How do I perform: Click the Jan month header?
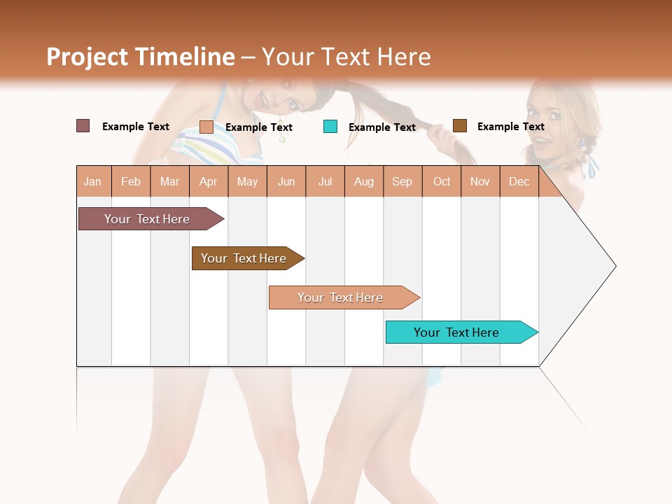click(93, 182)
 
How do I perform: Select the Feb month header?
click(131, 182)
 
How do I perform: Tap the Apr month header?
click(209, 182)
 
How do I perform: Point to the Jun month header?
click(286, 182)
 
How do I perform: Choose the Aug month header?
click(364, 182)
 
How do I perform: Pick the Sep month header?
click(402, 182)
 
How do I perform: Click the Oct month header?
click(442, 182)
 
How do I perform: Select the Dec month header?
click(519, 182)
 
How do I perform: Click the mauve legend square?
click(83, 126)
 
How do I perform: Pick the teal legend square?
click(330, 127)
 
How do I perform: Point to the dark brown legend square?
click(460, 126)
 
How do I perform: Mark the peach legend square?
click(206, 127)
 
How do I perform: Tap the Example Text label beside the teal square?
click(382, 127)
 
